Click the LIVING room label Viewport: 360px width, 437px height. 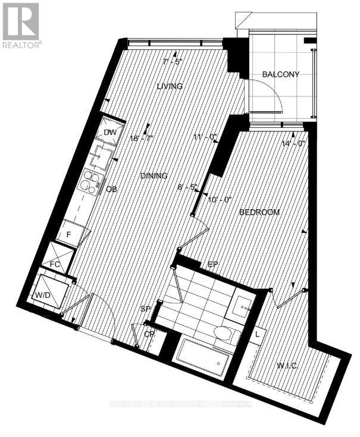[170, 86]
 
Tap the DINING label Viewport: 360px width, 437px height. [154, 176]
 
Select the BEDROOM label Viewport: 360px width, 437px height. [259, 212]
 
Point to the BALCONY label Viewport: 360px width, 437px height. [280, 74]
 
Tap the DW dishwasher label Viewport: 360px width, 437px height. [109, 132]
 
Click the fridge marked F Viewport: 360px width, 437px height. [70, 234]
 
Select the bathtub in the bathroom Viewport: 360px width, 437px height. [202, 360]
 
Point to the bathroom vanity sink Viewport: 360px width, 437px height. [242, 305]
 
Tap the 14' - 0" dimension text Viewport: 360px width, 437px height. [293, 143]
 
